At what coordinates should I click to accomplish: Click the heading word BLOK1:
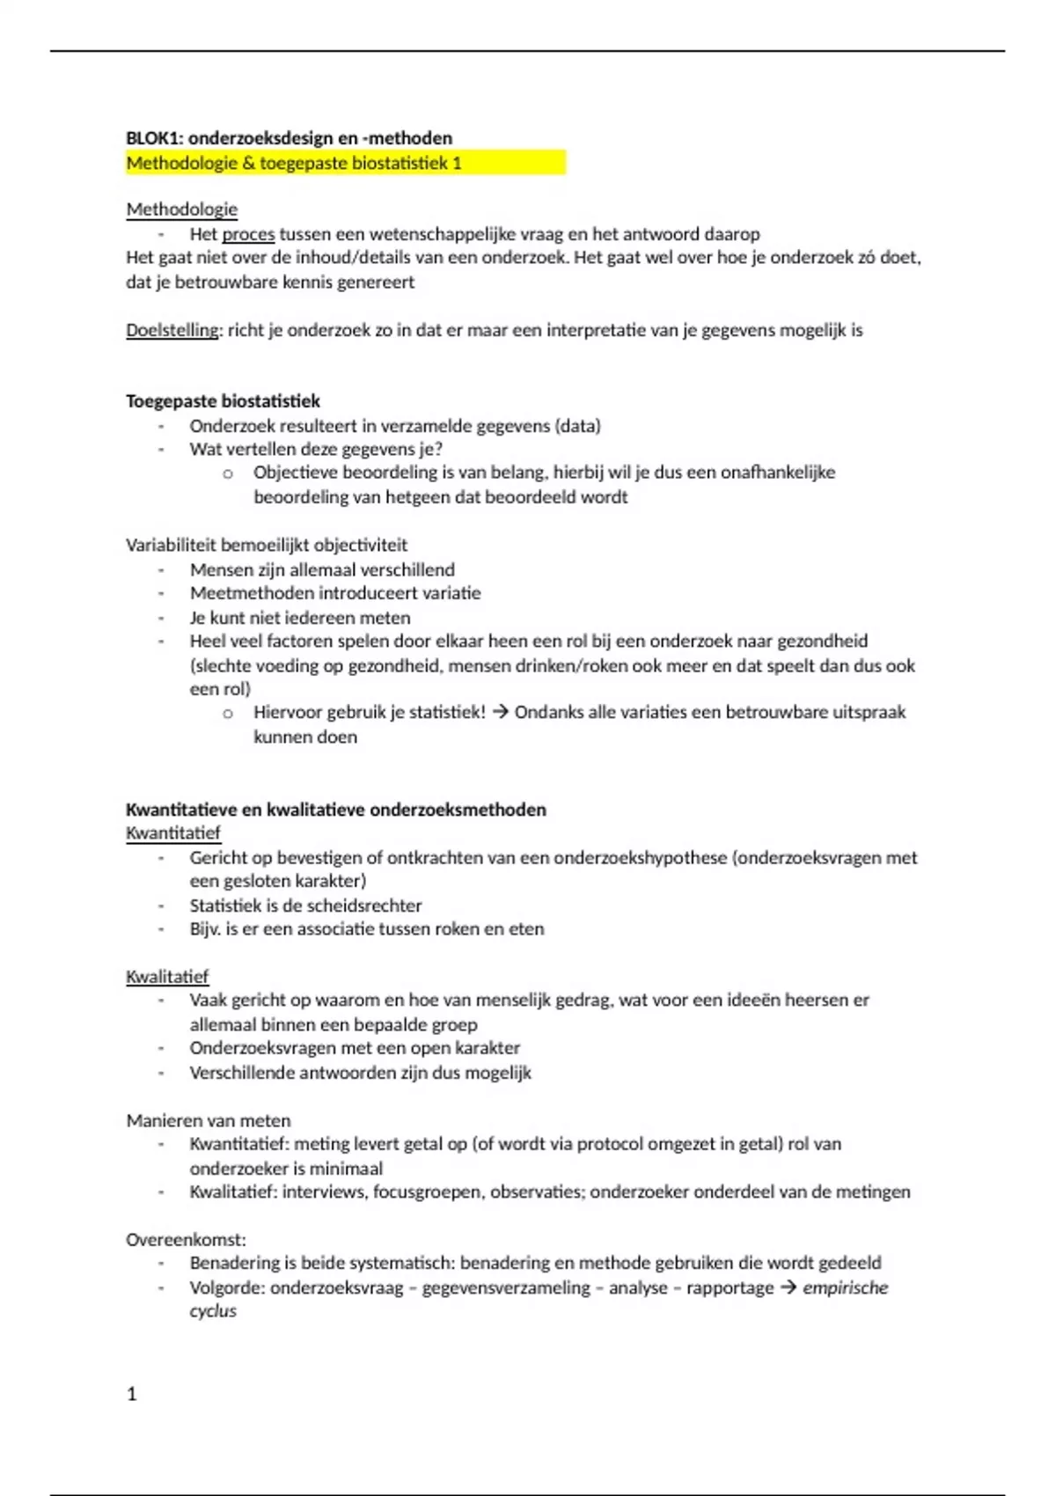[155, 138]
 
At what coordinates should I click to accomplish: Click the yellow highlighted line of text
[294, 163]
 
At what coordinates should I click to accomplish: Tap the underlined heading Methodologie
[181, 209]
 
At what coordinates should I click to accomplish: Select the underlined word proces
[248, 234]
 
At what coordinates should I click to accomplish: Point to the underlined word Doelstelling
[172, 331]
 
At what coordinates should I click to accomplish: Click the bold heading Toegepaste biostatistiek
[223, 401]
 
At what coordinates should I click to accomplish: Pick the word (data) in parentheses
[577, 426]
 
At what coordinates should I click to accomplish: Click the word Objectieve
[295, 473]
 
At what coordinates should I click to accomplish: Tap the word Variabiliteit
[171, 545]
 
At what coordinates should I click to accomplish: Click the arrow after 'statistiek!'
[500, 712]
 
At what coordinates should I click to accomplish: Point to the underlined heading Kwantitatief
[172, 832]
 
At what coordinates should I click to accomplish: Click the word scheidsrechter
[365, 906]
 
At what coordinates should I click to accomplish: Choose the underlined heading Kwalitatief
[167, 977]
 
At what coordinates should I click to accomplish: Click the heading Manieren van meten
[208, 1120]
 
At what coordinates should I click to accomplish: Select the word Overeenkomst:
[186, 1239]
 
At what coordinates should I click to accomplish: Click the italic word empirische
[845, 1287]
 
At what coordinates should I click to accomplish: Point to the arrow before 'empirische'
[788, 1287]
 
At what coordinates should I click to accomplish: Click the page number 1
[132, 1394]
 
